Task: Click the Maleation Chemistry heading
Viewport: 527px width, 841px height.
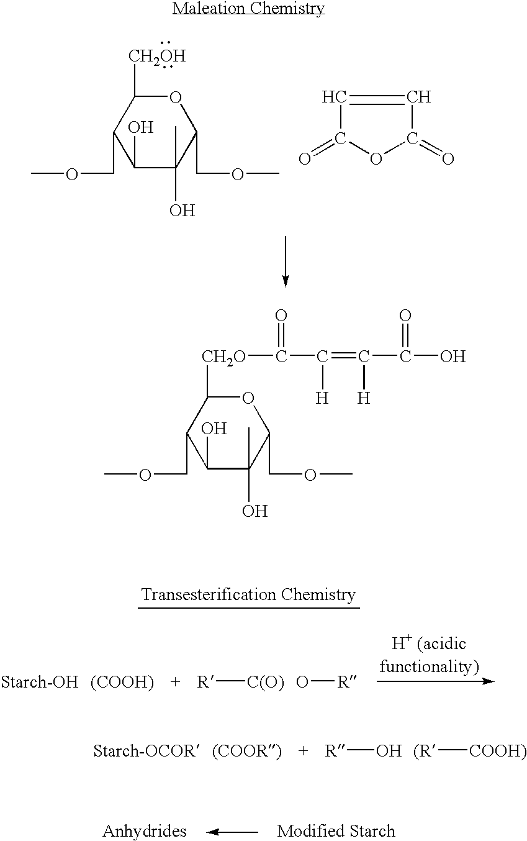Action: click(249, 8)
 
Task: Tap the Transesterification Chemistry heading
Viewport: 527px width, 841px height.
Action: click(248, 594)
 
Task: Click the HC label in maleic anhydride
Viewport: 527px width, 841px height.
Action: click(334, 97)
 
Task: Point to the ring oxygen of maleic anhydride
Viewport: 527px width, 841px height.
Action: click(376, 159)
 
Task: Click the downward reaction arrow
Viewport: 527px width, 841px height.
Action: click(286, 261)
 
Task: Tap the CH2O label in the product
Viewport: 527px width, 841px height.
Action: click(223, 357)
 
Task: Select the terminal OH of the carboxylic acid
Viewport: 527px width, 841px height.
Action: click(453, 357)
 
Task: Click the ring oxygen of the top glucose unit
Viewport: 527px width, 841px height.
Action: click(176, 98)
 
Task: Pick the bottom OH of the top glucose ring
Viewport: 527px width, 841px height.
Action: click(182, 210)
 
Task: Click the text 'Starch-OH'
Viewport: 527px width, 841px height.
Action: click(40, 682)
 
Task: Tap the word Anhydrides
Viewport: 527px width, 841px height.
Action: click(145, 831)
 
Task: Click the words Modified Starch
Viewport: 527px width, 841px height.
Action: click(336, 831)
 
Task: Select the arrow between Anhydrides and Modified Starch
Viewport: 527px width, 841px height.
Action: click(232, 832)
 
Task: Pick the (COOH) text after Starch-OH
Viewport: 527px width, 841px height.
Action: click(122, 682)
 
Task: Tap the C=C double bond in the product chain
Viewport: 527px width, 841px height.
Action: click(343, 356)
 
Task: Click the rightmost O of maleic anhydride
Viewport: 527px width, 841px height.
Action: click(448, 159)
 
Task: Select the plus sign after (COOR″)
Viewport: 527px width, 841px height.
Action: click(303, 751)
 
